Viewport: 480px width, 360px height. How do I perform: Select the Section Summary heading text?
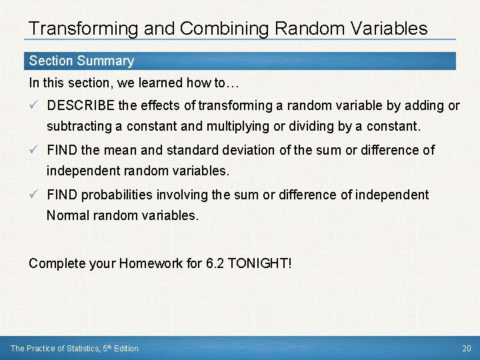pyautogui.click(x=81, y=61)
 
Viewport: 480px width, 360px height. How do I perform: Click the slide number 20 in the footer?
pyautogui.click(x=466, y=348)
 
